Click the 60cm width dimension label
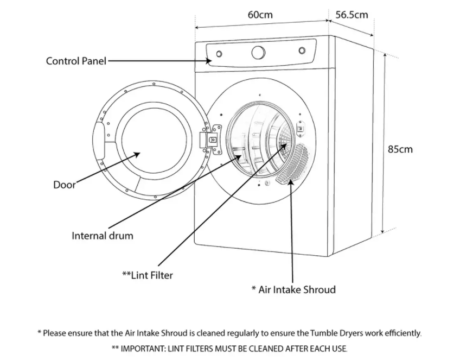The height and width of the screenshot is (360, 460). pos(260,15)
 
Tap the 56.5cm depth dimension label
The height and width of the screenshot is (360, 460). pos(351,15)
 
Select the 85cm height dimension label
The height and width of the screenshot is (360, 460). pos(400,149)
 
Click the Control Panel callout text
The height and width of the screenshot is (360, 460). pos(76,61)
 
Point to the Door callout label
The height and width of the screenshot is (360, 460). pos(64,185)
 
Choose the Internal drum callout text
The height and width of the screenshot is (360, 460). pos(102,236)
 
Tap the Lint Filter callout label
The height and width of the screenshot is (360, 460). pos(148,275)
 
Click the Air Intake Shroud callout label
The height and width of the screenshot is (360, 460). pos(293,289)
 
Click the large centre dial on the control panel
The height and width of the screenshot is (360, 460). pos(259,53)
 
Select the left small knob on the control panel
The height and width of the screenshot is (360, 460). pos(219,54)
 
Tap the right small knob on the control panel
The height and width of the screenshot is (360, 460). pos(302,51)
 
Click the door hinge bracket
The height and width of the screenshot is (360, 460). pos(211,137)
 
